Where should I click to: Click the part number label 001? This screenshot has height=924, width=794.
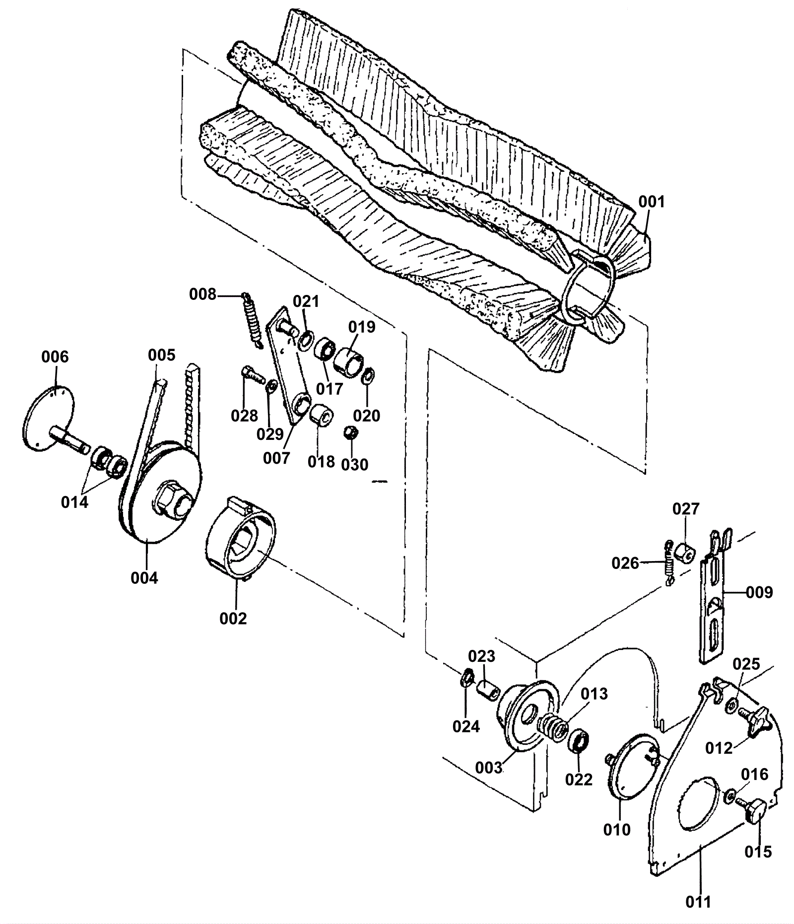tap(651, 202)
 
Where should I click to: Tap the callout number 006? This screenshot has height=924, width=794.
tap(55, 356)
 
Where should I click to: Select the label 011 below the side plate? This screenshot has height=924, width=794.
tap(698, 902)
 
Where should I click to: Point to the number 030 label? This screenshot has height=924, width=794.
tap(354, 465)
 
